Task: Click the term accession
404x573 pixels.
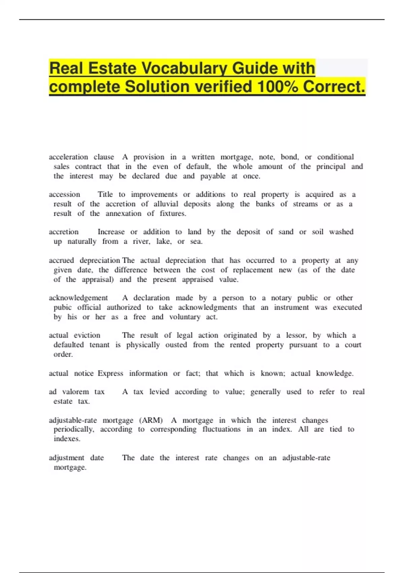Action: [64, 194]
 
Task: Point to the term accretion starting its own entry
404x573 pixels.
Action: [64, 232]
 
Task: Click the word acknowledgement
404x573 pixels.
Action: [78, 298]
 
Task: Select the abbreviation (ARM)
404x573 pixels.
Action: [151, 420]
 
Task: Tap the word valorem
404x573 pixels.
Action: [75, 392]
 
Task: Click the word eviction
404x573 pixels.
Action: [87, 335]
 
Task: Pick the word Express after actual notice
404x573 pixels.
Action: [110, 373]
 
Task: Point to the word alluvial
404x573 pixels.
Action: [166, 204]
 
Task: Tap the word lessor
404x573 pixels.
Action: [296, 335]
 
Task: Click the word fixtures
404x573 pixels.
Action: [173, 213]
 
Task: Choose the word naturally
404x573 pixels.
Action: [82, 241]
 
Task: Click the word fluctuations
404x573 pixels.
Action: [221, 429]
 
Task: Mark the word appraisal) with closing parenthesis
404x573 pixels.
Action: [98, 279]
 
